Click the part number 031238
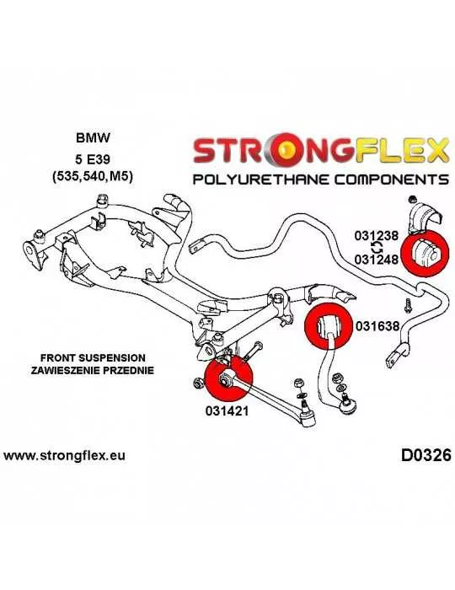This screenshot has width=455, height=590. click(x=376, y=236)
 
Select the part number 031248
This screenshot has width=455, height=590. click(x=376, y=259)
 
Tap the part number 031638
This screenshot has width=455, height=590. click(x=377, y=326)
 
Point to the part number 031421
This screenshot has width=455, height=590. click(x=227, y=411)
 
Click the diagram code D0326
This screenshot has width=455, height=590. click(x=426, y=456)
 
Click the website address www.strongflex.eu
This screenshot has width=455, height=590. click(x=64, y=456)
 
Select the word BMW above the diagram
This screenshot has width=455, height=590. click(x=93, y=137)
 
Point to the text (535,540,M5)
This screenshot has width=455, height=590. click(x=93, y=177)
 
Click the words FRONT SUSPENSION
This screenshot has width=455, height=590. click(x=93, y=357)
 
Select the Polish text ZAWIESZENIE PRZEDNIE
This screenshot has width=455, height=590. click(x=93, y=370)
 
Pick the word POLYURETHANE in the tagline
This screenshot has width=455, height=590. click(x=261, y=180)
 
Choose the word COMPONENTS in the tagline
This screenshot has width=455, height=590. click(x=392, y=180)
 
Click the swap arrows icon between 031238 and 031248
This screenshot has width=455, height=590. click(x=377, y=248)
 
